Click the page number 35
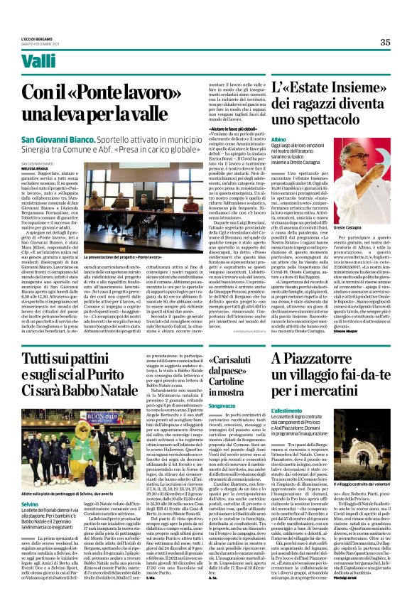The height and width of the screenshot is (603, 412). click(384, 42)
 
